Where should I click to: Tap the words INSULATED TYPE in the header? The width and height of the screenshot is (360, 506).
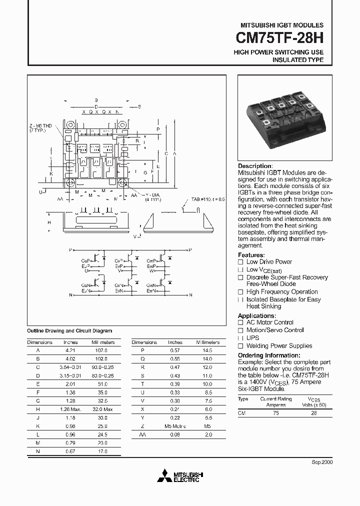(x=297, y=60)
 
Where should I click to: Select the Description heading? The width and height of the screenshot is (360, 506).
(x=255, y=166)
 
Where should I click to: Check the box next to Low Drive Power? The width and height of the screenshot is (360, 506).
(x=240, y=262)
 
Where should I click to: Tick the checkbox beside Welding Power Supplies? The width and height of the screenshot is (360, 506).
(x=240, y=346)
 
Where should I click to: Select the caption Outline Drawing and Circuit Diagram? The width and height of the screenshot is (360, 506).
(x=69, y=330)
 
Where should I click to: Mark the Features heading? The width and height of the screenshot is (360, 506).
(x=251, y=255)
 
